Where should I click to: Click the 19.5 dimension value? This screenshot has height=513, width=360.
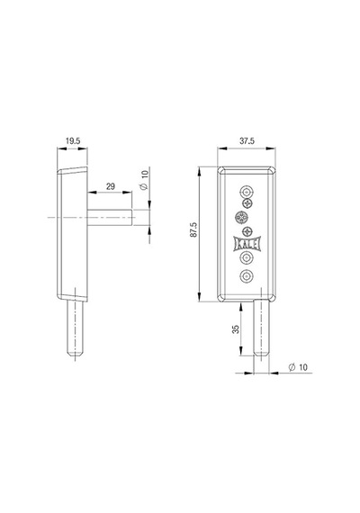click(x=73, y=141)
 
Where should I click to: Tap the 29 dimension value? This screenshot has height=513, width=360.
click(x=111, y=186)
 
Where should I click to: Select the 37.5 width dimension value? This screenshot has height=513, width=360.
click(x=247, y=141)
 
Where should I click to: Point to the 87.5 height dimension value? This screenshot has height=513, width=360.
click(x=194, y=229)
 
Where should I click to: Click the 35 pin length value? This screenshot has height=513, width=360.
click(x=236, y=329)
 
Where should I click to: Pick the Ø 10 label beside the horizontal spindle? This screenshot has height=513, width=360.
click(x=144, y=180)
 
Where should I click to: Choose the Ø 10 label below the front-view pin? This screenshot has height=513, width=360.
click(x=298, y=367)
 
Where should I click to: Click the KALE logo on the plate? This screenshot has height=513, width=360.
click(x=247, y=244)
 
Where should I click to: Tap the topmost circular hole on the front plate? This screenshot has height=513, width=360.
click(x=247, y=192)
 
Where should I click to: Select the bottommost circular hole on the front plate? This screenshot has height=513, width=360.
click(x=247, y=276)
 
